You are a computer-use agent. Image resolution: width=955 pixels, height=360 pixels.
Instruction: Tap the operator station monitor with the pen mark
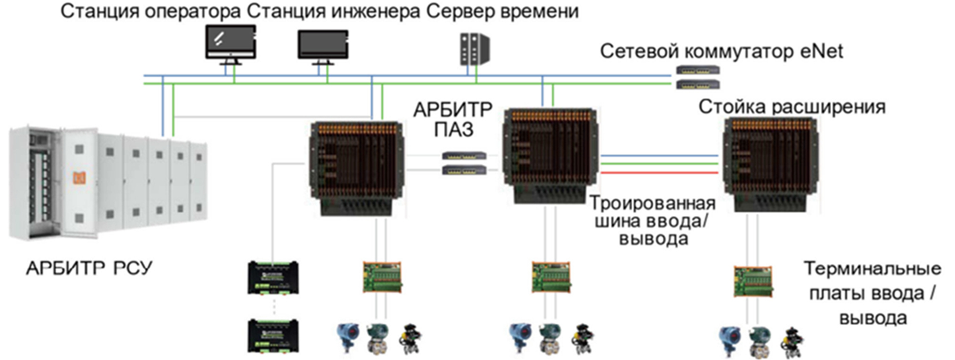click(x=230, y=42)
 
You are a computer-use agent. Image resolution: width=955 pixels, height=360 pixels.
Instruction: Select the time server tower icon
click(x=474, y=49)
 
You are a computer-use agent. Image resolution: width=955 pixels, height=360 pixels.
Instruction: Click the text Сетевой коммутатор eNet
click(x=721, y=51)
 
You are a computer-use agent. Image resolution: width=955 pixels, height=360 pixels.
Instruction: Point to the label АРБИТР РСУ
click(x=89, y=268)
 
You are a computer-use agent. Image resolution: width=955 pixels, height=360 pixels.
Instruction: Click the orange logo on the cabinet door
click(x=79, y=178)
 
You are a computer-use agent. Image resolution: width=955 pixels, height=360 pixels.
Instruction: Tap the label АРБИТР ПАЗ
click(x=453, y=120)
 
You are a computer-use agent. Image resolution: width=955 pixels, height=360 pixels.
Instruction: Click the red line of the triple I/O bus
click(x=660, y=173)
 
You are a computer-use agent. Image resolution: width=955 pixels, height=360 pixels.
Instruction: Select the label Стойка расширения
click(x=792, y=107)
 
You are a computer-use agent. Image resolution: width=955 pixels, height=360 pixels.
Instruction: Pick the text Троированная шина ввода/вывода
click(x=653, y=221)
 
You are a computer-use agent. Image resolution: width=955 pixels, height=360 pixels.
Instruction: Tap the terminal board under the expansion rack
click(x=753, y=281)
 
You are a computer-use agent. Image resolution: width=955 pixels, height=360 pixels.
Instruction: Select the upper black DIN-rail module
click(x=273, y=278)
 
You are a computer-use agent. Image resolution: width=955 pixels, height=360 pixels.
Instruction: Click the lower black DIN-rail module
click(x=273, y=336)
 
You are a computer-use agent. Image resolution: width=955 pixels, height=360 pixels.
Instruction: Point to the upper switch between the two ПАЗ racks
click(x=464, y=155)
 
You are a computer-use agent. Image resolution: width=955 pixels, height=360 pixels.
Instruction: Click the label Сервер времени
click(x=502, y=11)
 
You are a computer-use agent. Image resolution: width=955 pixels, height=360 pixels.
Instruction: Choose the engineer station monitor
click(x=323, y=45)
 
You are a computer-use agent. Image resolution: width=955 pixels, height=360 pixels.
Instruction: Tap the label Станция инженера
click(x=333, y=11)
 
